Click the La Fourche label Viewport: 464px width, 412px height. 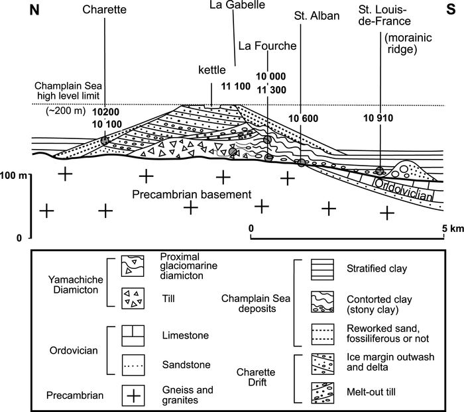(261, 46)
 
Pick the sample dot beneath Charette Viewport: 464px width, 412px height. (105, 141)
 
